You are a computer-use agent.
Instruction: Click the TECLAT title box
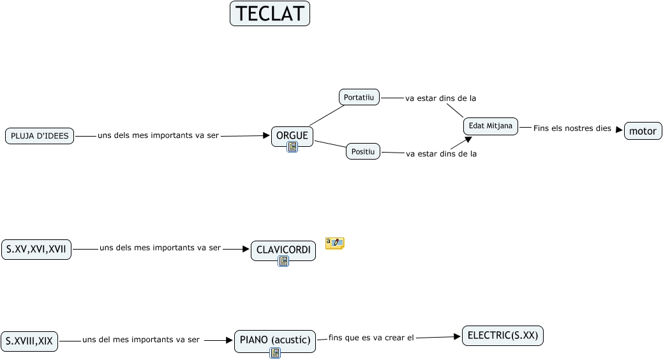pyautogui.click(x=270, y=13)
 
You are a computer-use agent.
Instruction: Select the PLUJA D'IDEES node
pyautogui.click(x=40, y=136)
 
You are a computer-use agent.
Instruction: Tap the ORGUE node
pyautogui.click(x=292, y=136)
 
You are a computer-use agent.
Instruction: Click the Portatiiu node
pyautogui.click(x=359, y=97)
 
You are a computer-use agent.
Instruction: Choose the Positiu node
pyautogui.click(x=363, y=151)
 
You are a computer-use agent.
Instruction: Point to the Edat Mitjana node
pyautogui.click(x=491, y=126)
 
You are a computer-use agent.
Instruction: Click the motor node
pyautogui.click(x=643, y=131)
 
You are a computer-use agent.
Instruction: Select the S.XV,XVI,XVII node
pyautogui.click(x=36, y=250)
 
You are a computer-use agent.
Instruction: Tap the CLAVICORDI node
pyautogui.click(x=283, y=250)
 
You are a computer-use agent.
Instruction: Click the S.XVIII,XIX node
pyautogui.click(x=29, y=341)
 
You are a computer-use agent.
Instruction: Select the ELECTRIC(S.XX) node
pyautogui.click(x=503, y=336)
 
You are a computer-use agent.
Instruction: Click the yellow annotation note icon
pyautogui.click(x=335, y=243)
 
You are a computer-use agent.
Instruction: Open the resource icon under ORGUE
pyautogui.click(x=292, y=147)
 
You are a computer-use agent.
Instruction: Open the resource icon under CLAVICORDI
pyautogui.click(x=283, y=261)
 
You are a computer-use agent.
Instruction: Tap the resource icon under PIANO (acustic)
pyautogui.click(x=275, y=353)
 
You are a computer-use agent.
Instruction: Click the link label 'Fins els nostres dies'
pyautogui.click(x=572, y=128)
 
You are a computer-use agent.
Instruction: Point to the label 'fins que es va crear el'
pyautogui.click(x=371, y=338)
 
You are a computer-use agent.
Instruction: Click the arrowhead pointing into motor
pyautogui.click(x=620, y=130)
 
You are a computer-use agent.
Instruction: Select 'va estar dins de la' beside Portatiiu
pyautogui.click(x=440, y=98)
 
